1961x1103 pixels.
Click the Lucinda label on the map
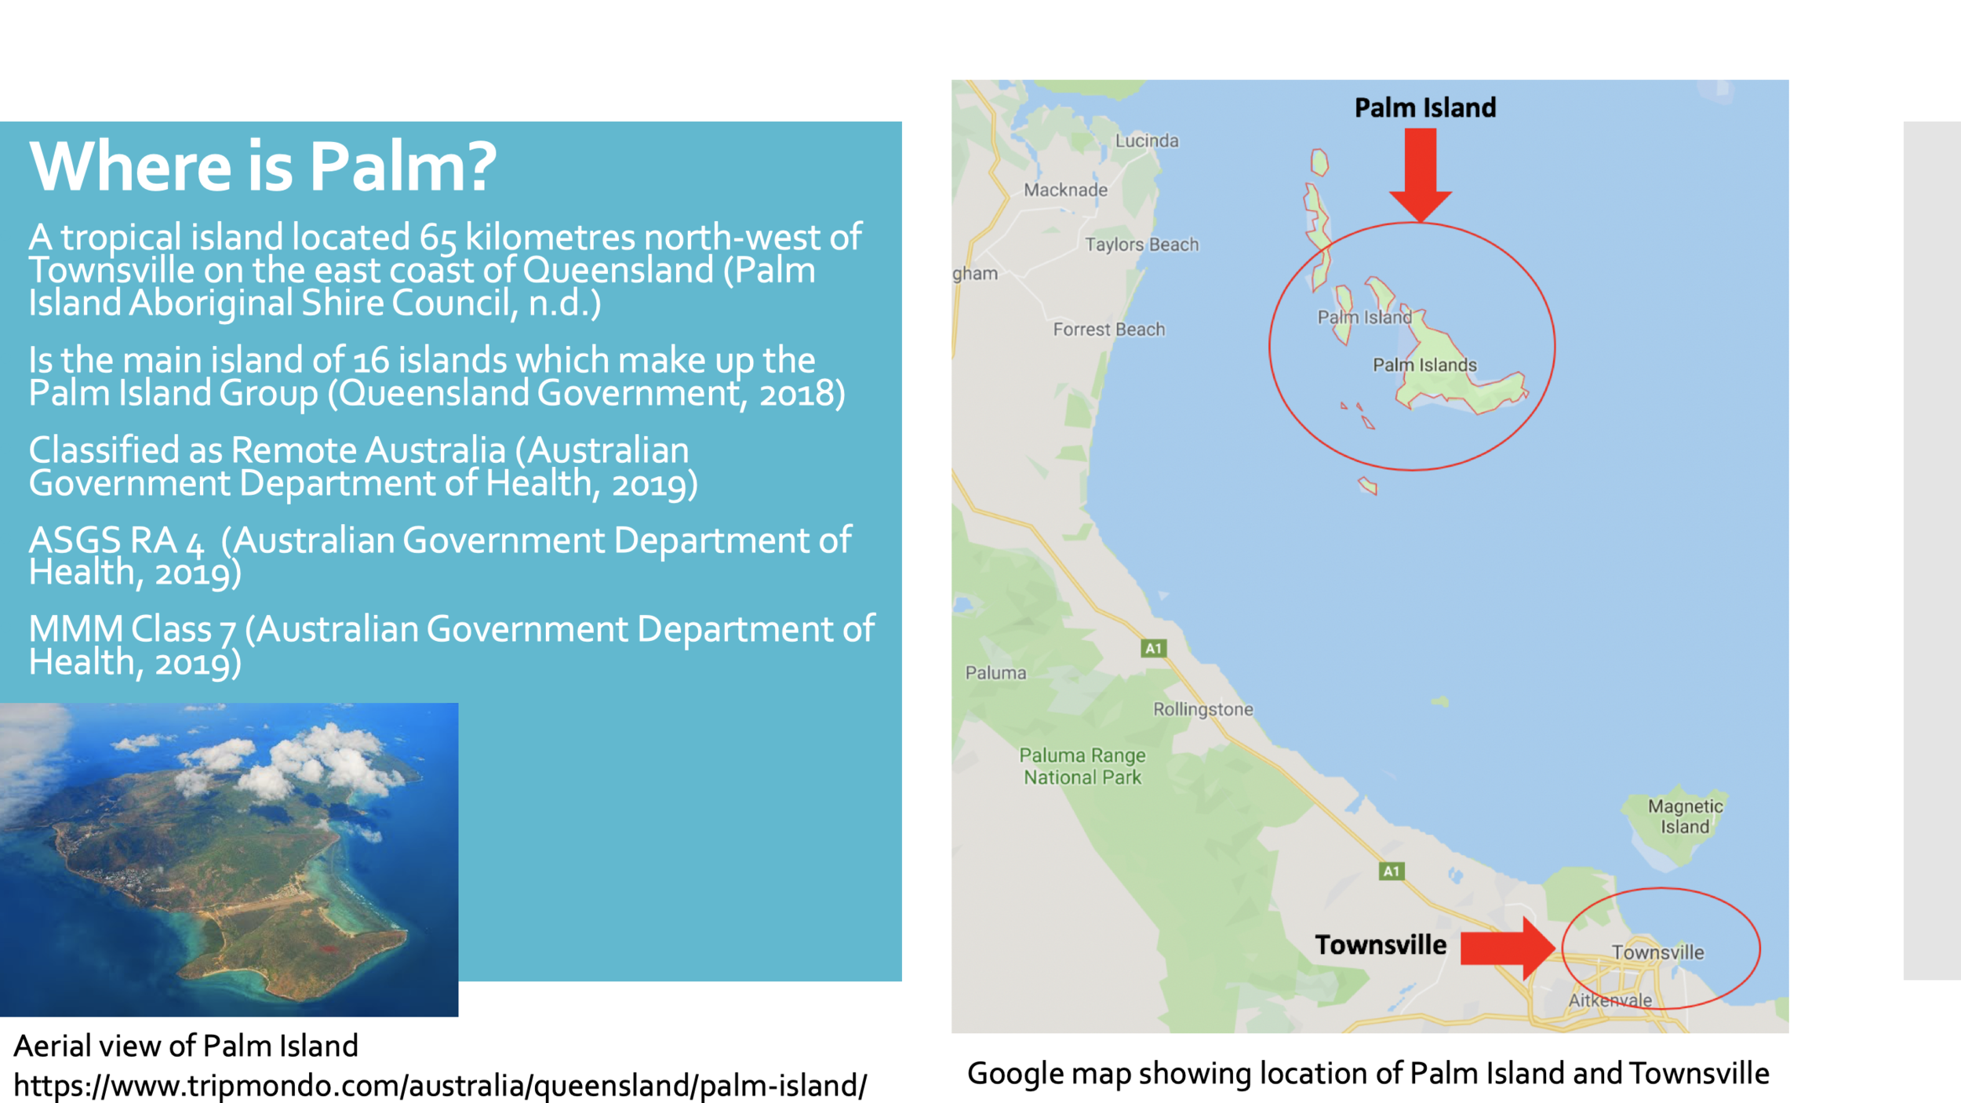[1147, 140]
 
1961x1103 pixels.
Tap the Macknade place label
[1065, 190]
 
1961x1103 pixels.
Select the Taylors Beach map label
[1141, 245]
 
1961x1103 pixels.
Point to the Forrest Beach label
[1108, 329]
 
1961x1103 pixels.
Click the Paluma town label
[995, 673]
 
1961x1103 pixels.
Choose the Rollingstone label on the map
[1202, 709]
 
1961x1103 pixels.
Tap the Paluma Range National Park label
[1082, 766]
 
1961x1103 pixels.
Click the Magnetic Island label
[1685, 816]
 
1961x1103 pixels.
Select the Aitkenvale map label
[1610, 1000]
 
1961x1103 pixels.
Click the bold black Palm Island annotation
[1425, 107]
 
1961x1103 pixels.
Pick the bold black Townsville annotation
[1381, 945]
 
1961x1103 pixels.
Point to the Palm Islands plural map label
[1424, 365]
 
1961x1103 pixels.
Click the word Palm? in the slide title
[403, 167]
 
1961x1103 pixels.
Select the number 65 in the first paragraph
[437, 238]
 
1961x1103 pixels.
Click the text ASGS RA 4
[116, 541]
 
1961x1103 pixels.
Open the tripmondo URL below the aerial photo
[440, 1086]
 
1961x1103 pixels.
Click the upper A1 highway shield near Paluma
[1153, 648]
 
